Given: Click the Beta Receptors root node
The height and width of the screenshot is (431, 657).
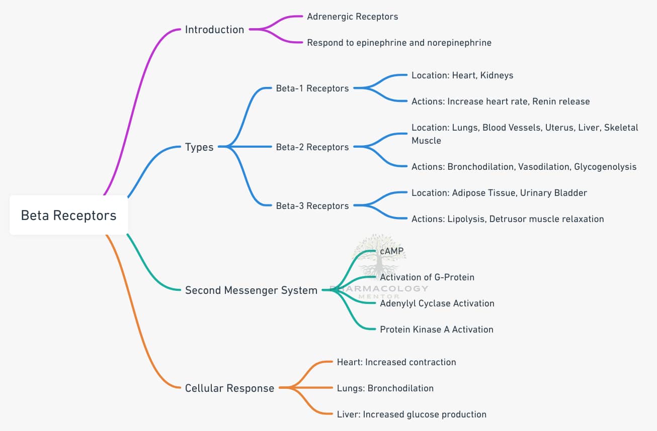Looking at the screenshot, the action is [x=68, y=215].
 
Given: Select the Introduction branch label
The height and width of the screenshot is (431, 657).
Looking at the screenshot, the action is [x=214, y=30].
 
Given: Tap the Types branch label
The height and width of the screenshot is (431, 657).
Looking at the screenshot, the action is [x=199, y=147].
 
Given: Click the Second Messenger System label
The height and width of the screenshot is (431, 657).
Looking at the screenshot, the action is [x=251, y=290].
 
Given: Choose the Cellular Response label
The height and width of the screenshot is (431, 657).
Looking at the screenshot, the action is [x=229, y=388].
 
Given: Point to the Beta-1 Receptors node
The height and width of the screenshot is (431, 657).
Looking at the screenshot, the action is [x=312, y=88].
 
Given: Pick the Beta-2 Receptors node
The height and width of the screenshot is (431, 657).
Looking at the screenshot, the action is [x=312, y=147].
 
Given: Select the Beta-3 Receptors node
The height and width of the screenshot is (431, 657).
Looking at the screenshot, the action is [x=312, y=206].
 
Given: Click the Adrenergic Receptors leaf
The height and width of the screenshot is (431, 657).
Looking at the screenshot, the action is [x=353, y=17].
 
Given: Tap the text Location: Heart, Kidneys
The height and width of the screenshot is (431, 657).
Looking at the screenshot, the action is [x=462, y=75].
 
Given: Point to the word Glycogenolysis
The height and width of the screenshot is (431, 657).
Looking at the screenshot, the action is [x=605, y=167].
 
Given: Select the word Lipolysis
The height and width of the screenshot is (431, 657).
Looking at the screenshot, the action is [x=466, y=219].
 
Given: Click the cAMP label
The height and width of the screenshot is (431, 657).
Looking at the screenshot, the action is [x=391, y=251].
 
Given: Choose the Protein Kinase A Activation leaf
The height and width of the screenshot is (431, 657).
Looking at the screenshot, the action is [x=437, y=330].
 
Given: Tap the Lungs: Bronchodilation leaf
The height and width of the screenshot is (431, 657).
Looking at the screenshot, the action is [x=385, y=388].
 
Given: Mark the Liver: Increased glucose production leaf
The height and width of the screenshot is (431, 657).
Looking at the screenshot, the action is [x=412, y=414].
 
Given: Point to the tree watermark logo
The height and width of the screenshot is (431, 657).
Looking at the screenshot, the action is [x=379, y=255].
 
